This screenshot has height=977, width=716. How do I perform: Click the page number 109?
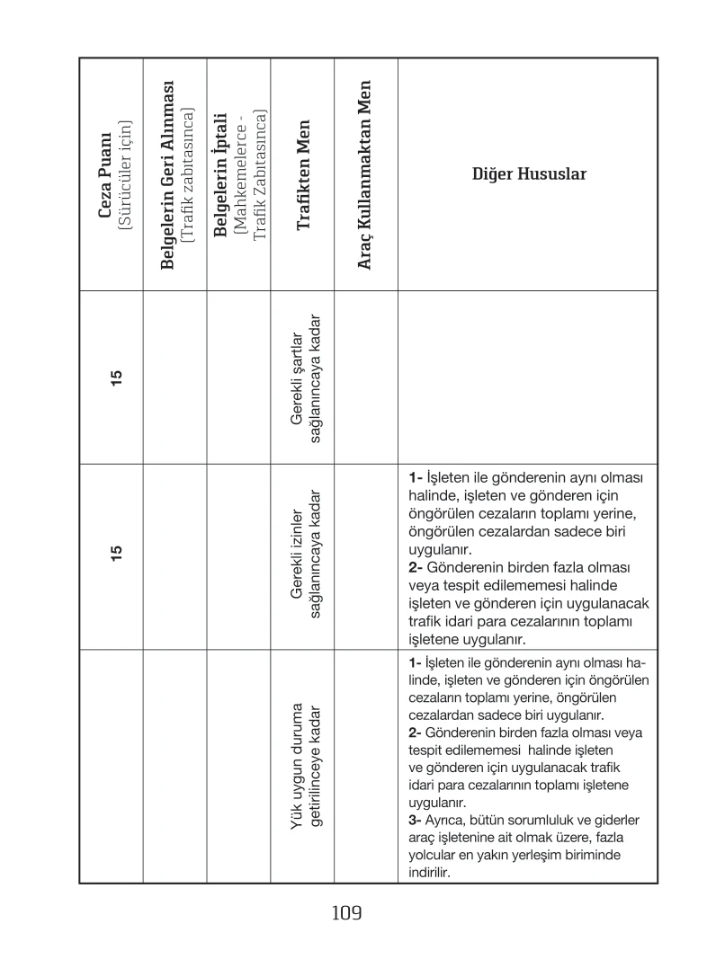(x=345, y=914)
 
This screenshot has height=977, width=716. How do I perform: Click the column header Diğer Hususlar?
(x=529, y=174)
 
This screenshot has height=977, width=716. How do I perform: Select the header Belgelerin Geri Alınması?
(x=166, y=174)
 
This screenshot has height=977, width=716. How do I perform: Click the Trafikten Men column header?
(x=302, y=174)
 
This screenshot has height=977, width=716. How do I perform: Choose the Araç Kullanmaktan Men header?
(x=365, y=174)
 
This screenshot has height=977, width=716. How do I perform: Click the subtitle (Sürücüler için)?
(x=126, y=174)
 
